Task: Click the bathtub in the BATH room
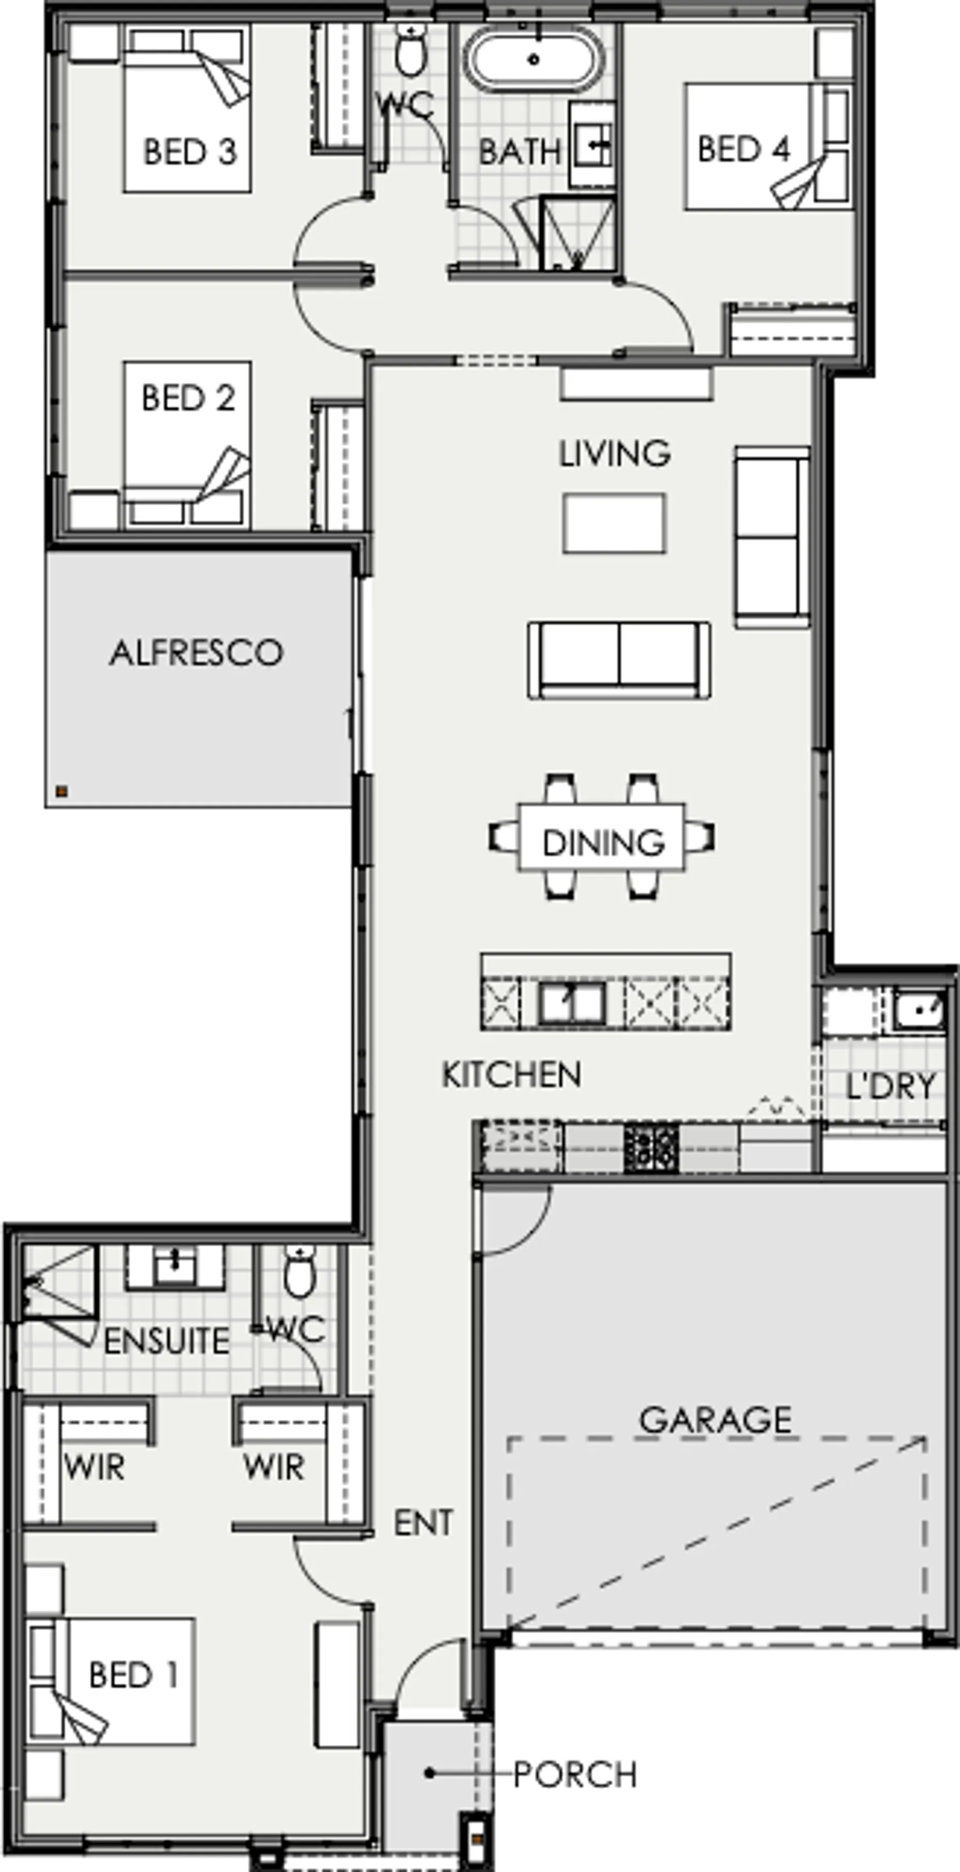pos(534,60)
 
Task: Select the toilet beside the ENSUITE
pos(299,1271)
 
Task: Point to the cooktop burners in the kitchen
pos(651,1148)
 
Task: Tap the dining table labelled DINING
pos(601,837)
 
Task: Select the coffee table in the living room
pos(614,523)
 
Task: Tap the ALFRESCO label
pos(196,653)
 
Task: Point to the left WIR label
pos(94,1467)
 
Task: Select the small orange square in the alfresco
pos(62,792)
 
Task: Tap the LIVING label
pos(614,454)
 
